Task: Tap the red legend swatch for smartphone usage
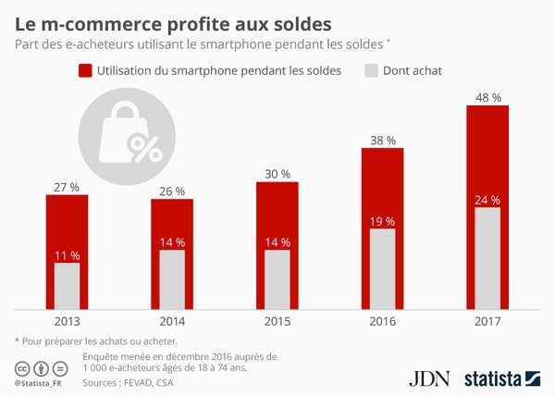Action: pos(88,70)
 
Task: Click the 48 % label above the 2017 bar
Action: pos(487,95)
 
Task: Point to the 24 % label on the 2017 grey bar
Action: pos(487,200)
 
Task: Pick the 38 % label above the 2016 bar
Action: pos(382,141)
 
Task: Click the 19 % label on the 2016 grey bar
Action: pos(382,221)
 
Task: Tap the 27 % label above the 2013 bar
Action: pos(67,187)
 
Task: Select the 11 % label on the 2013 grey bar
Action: pos(67,255)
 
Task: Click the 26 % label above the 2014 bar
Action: pos(172,191)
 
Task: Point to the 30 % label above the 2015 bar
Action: pos(277,174)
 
